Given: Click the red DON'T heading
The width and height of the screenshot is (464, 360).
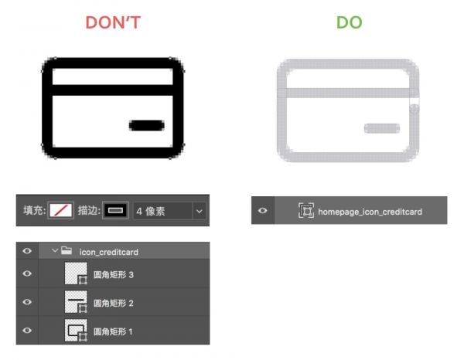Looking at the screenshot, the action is pos(113,22).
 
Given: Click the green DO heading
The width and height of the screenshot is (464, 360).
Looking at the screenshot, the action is pos(350,22).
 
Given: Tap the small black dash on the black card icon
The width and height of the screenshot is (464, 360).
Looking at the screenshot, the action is pos(147,125).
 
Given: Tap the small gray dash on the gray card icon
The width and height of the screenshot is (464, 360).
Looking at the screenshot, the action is pos(382,128).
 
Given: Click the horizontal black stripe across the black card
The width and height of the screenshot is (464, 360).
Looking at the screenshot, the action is pos(112,90).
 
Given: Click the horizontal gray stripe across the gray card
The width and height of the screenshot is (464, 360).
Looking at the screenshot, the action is pos(348,93).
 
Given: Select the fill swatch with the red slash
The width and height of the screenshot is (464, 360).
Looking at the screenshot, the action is pos(60,210).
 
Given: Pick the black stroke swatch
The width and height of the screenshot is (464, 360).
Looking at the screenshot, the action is pos(115,210).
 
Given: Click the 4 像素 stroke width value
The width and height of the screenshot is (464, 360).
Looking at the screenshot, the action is pos(151,212).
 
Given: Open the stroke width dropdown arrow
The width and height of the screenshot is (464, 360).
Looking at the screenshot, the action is pos(200,211).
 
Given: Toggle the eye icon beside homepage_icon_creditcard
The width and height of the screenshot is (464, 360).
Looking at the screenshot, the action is pos(262,210).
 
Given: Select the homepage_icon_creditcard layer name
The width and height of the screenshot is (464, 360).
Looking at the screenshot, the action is pos(370,212).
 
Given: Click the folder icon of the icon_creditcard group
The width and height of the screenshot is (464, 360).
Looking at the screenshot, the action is pos(67,250).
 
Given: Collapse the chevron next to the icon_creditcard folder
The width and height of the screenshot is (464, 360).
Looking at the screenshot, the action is pos(54,251).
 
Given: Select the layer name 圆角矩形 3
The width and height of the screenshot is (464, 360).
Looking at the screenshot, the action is pos(114,275).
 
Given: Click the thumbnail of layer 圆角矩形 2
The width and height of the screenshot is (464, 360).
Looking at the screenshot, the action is pos(76,302).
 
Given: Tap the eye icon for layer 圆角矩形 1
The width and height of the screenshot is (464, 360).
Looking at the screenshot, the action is pos(27,330).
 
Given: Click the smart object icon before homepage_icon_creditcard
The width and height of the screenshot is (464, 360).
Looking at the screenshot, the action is pos(306,210).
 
